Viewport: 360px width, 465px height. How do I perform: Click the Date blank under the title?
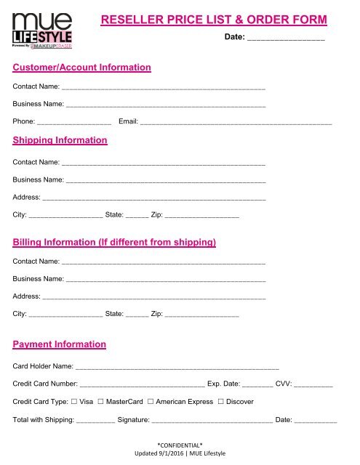coord(286,38)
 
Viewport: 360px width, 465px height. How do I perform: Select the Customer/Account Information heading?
coord(82,68)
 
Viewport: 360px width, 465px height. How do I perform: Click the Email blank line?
coord(236,122)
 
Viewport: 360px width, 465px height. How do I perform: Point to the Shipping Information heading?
coord(60,140)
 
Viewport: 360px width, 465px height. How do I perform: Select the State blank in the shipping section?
coord(137,216)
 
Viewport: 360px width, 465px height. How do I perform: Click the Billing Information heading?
coord(115,242)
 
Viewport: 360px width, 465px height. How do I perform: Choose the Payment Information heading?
coord(60,344)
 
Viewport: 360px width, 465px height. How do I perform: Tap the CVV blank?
coord(313,384)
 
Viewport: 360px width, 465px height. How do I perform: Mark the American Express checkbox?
coord(150,402)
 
